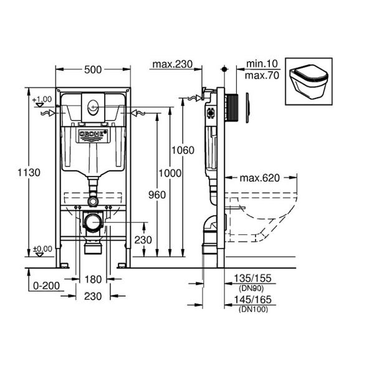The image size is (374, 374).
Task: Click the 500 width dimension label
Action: [x=93, y=70]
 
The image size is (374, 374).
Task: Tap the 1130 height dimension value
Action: [x=29, y=173]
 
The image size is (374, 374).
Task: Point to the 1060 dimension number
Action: [x=183, y=150]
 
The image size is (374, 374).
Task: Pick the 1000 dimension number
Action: [x=170, y=173]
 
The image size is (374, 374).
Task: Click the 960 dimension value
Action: [x=157, y=195]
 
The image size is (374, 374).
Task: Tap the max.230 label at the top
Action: [x=172, y=64]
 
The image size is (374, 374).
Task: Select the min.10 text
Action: [x=262, y=64]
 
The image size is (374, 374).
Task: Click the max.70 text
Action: [x=262, y=75]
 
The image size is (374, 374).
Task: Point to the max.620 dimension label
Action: [x=259, y=178]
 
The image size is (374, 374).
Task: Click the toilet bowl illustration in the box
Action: [x=309, y=82]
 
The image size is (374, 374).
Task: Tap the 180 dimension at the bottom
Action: [x=93, y=279]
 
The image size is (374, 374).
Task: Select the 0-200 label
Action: [x=46, y=285]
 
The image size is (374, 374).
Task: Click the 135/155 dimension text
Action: [x=252, y=279]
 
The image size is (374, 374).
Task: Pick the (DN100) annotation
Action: [x=253, y=309]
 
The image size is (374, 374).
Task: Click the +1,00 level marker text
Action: [x=42, y=99]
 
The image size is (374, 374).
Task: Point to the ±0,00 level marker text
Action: [x=42, y=249]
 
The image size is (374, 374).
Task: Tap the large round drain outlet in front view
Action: [x=93, y=223]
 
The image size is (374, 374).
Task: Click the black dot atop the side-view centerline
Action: [x=224, y=69]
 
